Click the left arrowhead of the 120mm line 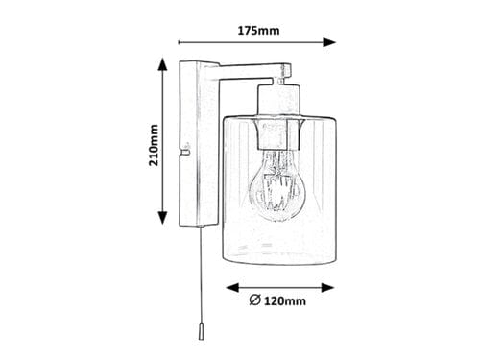(x=230, y=286)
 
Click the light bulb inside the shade (x=279, y=187)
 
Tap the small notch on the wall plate (x=183, y=148)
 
